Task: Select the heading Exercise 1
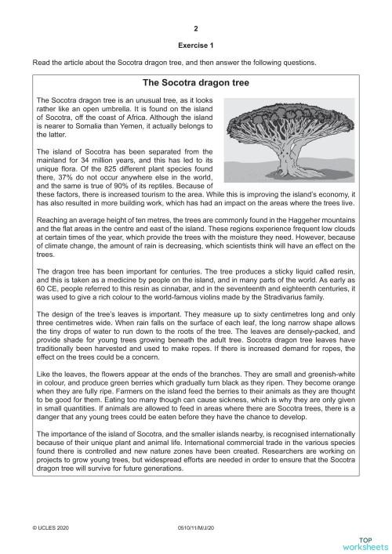point(197,45)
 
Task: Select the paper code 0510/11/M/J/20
point(196,530)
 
